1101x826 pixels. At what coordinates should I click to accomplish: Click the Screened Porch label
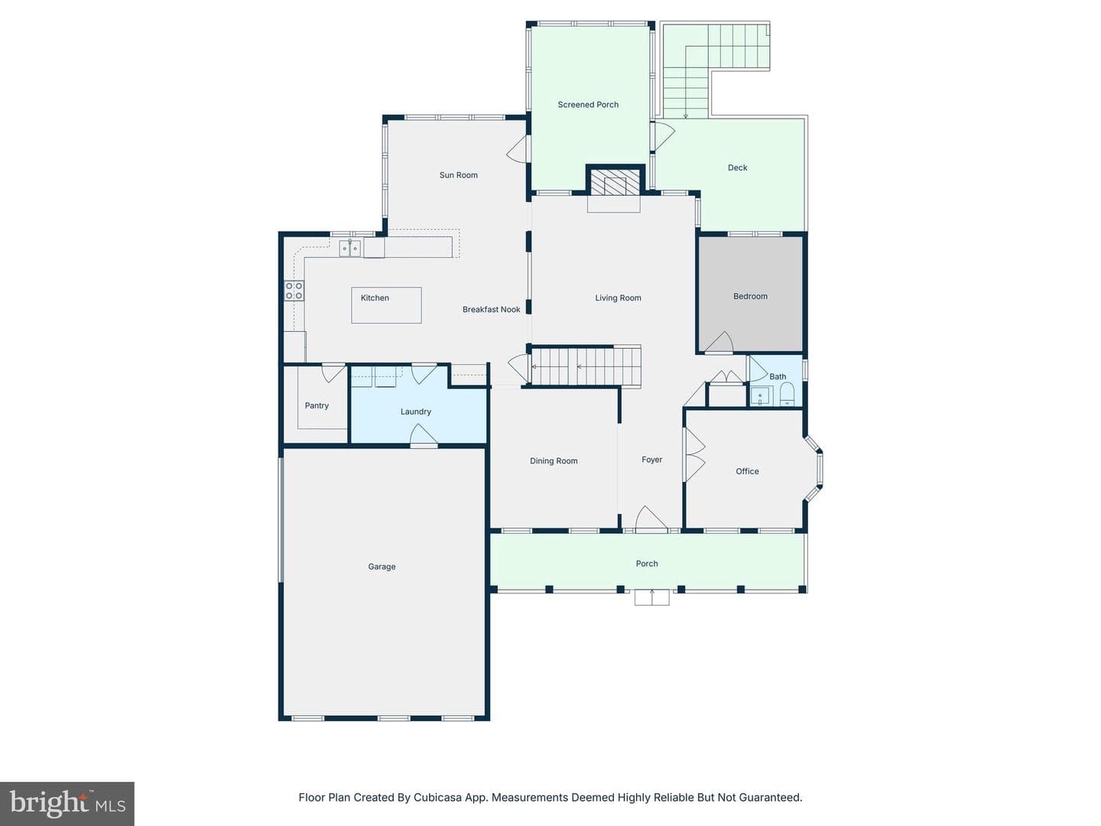pyautogui.click(x=588, y=104)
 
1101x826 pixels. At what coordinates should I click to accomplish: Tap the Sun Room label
pyautogui.click(x=459, y=175)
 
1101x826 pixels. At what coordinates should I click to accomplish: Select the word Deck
pyautogui.click(x=737, y=167)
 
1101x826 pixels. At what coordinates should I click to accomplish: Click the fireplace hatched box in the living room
pyautogui.click(x=615, y=181)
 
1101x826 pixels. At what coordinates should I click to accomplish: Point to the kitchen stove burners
pyautogui.click(x=294, y=291)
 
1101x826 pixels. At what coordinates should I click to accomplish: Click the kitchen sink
pyautogui.click(x=349, y=248)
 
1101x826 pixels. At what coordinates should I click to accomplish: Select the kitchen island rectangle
pyautogui.click(x=386, y=305)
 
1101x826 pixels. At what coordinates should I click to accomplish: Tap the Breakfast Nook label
pyautogui.click(x=491, y=310)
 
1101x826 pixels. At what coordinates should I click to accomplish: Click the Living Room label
pyautogui.click(x=618, y=298)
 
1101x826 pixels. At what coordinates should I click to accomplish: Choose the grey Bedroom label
pyautogui.click(x=750, y=297)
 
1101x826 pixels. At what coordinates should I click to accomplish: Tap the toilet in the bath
pyautogui.click(x=788, y=395)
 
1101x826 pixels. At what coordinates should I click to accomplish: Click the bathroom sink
pyautogui.click(x=761, y=396)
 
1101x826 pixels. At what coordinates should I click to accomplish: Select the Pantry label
pyautogui.click(x=317, y=405)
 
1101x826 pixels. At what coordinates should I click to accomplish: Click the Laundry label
pyautogui.click(x=415, y=411)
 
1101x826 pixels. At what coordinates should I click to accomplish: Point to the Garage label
pyautogui.click(x=382, y=567)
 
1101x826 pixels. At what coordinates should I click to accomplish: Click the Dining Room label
pyautogui.click(x=554, y=461)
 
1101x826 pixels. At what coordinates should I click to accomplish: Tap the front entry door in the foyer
pyautogui.click(x=651, y=519)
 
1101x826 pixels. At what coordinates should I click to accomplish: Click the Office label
pyautogui.click(x=747, y=471)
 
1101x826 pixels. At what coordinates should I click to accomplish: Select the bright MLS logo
pyautogui.click(x=67, y=803)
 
